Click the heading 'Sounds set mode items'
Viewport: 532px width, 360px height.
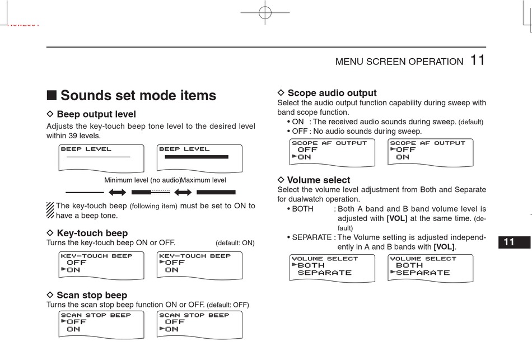(138, 95)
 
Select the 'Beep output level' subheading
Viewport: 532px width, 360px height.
(96, 115)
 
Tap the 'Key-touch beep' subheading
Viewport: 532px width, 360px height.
(92, 233)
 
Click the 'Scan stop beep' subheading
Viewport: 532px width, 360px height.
(92, 295)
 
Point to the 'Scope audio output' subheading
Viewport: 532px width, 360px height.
(332, 93)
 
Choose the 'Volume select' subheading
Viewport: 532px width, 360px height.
(319, 180)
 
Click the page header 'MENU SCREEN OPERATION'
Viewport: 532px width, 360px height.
(399, 62)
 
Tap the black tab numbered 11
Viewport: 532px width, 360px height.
(508, 242)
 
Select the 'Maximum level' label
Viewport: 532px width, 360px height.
(203, 180)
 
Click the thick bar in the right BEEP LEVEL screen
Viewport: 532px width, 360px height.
(196, 157)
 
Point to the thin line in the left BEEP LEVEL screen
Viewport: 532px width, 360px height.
(98, 157)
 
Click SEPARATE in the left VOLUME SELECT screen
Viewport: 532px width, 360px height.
(325, 273)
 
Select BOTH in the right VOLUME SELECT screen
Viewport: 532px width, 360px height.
(409, 265)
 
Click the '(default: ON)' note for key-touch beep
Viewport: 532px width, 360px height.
(235, 243)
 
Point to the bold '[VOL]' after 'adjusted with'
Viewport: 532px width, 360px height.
(397, 218)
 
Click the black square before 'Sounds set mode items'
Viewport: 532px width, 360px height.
(51, 95)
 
